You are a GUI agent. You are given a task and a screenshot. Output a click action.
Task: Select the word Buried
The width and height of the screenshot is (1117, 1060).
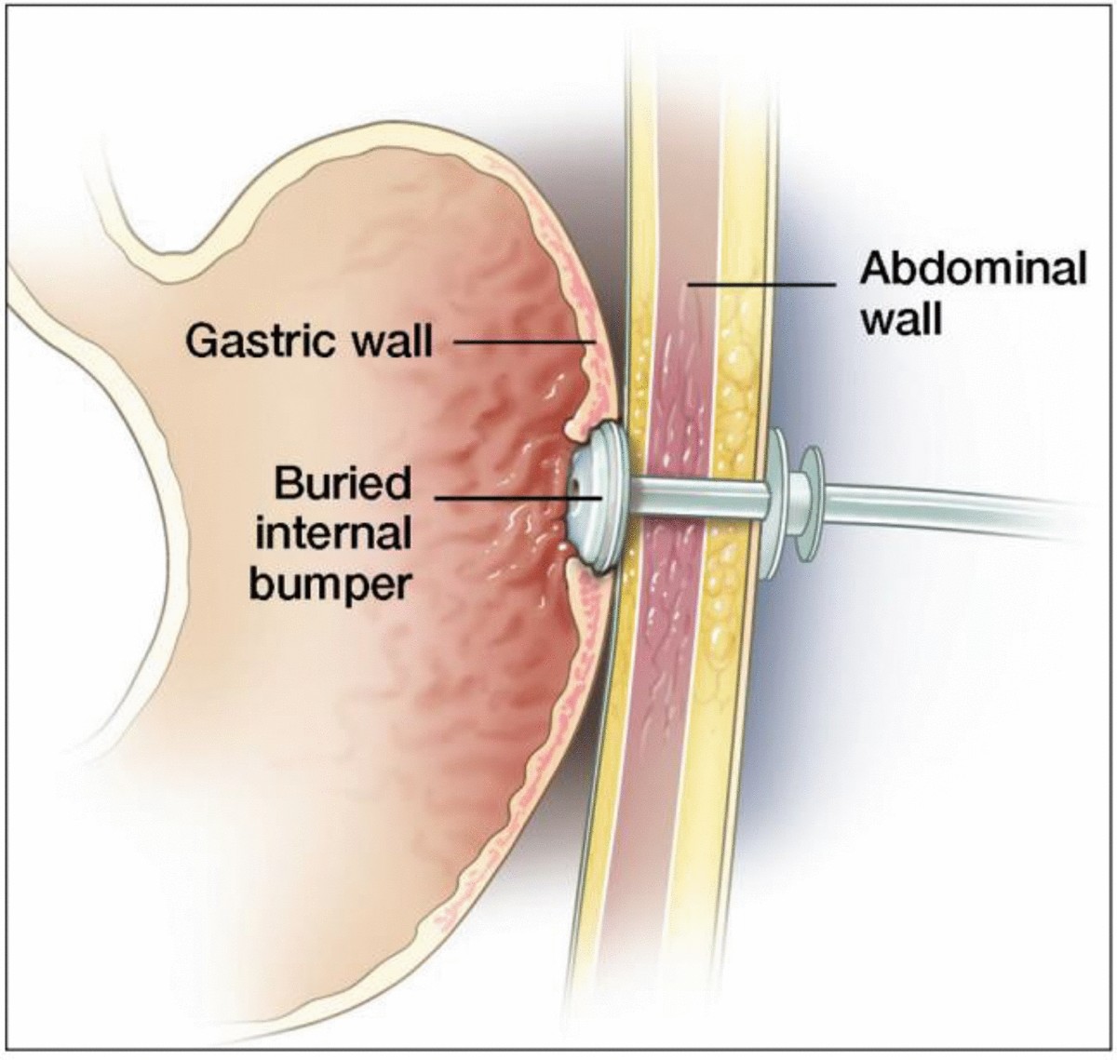pyautogui.click(x=342, y=484)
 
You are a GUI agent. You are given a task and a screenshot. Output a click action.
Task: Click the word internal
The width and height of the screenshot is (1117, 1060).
pyautogui.click(x=333, y=534)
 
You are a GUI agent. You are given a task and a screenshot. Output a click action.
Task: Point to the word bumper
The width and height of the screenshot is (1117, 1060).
pyautogui.click(x=332, y=584)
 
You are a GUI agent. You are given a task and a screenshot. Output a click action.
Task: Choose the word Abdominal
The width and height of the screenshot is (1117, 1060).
pyautogui.click(x=973, y=270)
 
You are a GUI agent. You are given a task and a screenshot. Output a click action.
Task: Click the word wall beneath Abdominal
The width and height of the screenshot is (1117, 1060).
pyautogui.click(x=900, y=319)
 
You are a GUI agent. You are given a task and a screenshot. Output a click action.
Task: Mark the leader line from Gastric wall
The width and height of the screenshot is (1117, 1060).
pyautogui.click(x=521, y=342)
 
